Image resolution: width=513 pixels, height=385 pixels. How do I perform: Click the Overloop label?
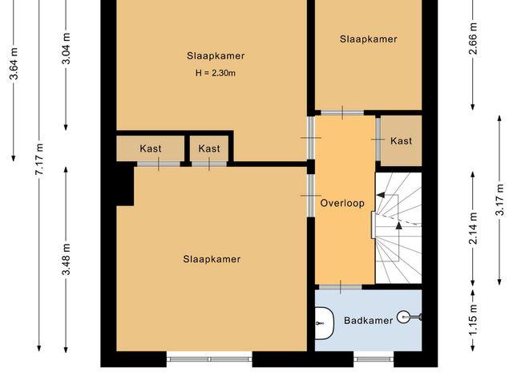342,203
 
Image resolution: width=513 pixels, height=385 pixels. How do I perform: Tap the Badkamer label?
368,321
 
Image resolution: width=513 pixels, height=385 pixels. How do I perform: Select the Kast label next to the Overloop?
401,141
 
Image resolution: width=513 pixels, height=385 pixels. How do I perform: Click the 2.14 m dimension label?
474,229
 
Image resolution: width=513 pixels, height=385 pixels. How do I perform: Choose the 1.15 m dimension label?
474,319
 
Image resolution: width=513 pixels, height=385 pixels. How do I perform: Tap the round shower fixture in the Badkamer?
414,318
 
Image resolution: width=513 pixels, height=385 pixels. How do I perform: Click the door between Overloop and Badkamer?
341,286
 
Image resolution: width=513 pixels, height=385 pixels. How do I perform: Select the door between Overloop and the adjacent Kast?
377,140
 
